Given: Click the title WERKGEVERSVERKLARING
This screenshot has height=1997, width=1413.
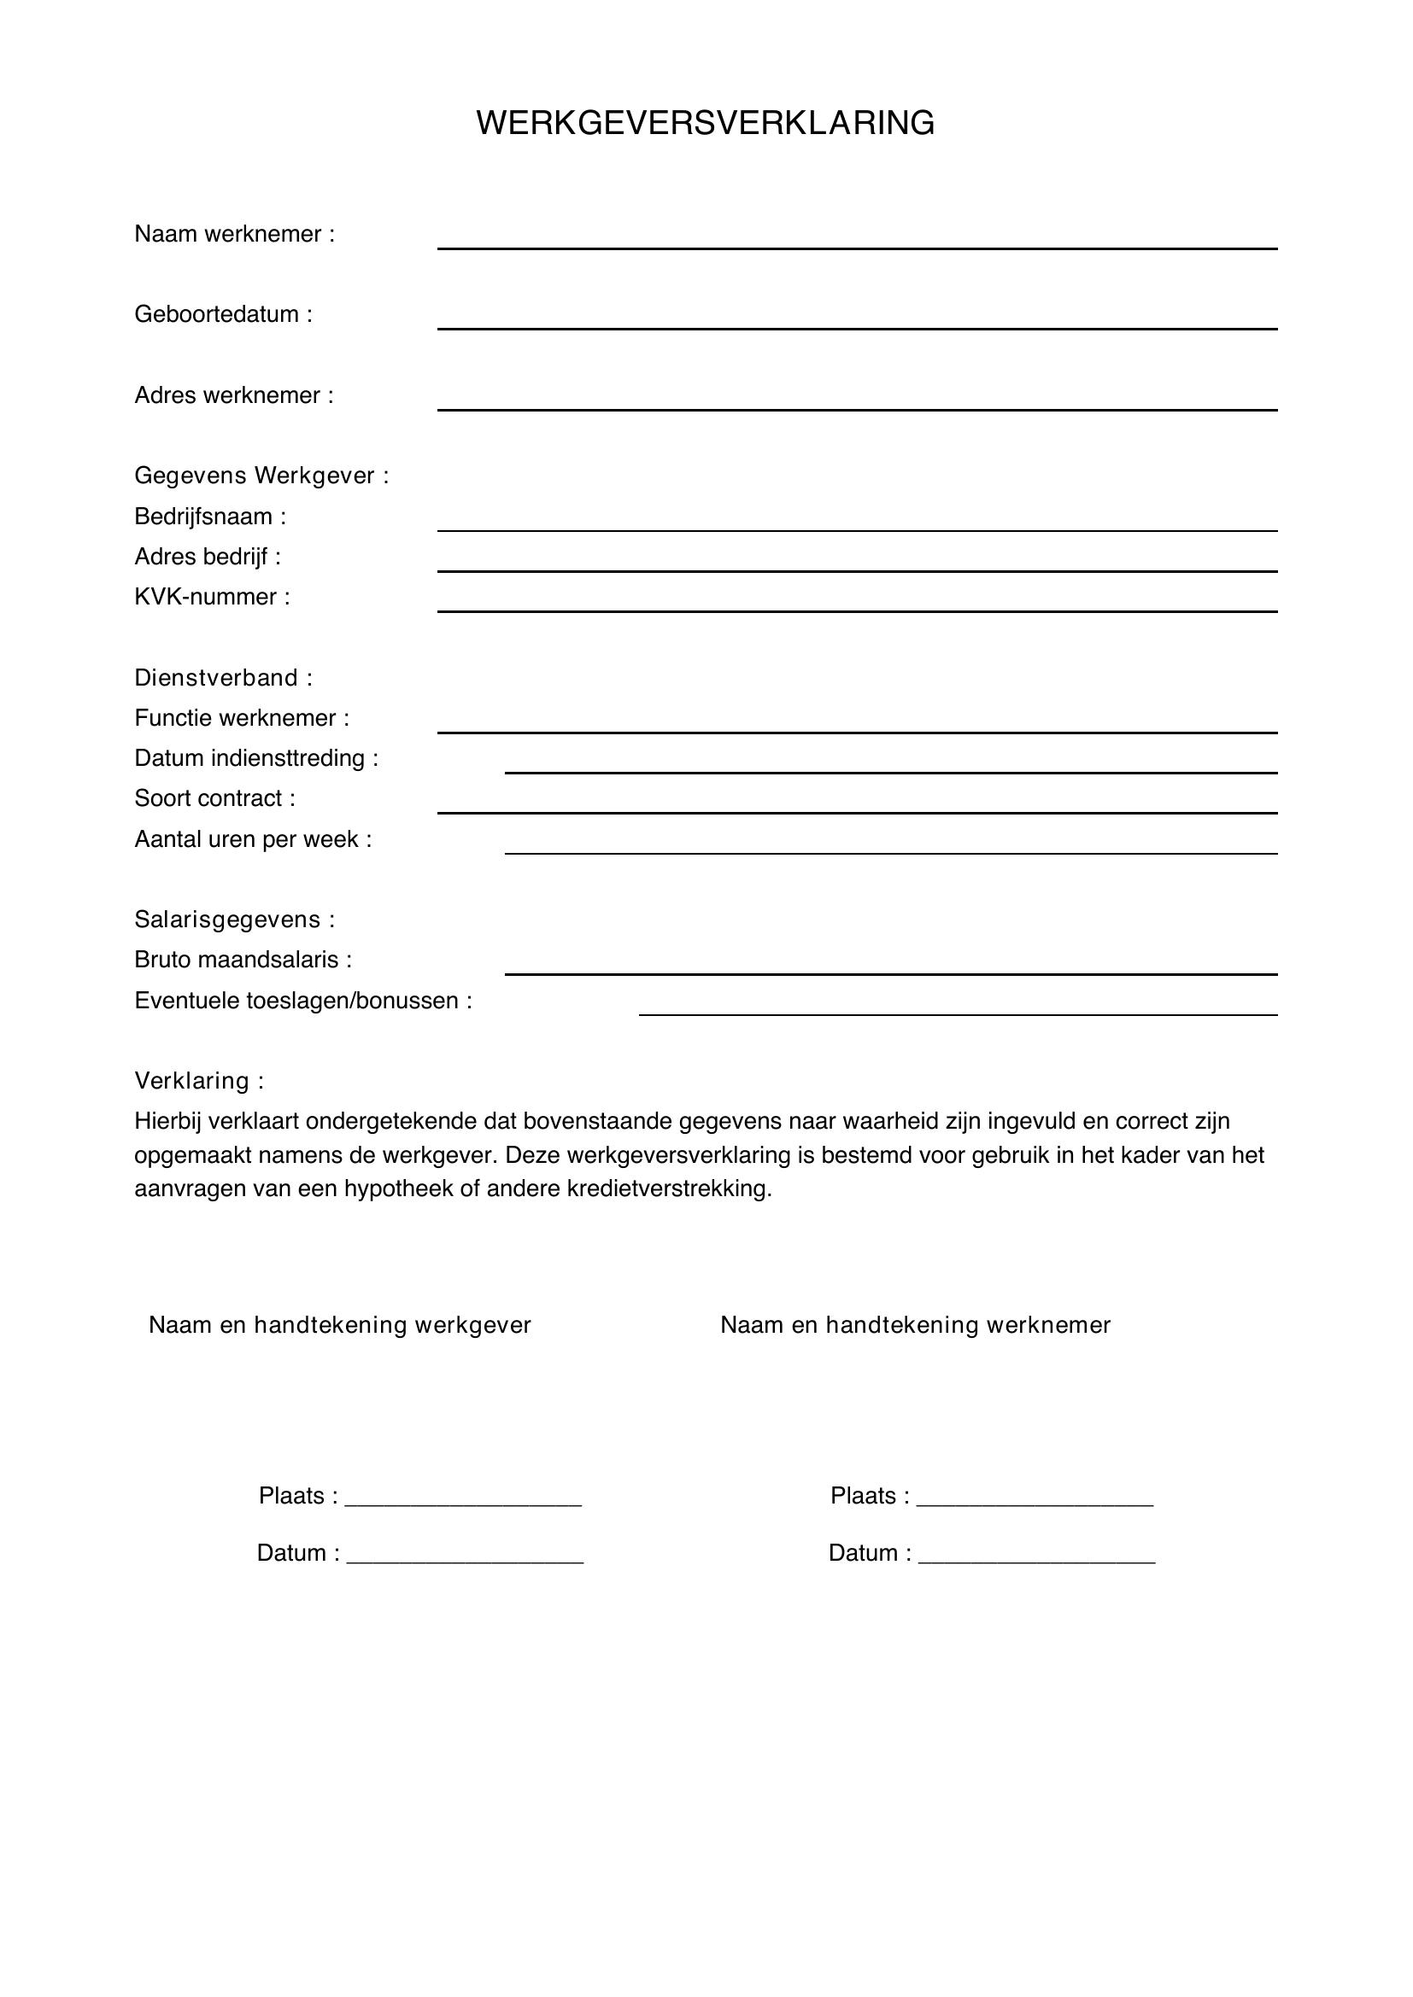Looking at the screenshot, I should [705, 123].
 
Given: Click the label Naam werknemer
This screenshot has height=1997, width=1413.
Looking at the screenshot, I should [234, 234].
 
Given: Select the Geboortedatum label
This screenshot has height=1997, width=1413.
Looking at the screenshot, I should [223, 314].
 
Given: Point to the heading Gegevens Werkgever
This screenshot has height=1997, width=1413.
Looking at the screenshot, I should [261, 476].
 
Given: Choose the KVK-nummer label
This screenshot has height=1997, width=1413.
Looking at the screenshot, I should [211, 597].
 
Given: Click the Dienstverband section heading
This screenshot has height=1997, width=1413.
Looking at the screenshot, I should [223, 678].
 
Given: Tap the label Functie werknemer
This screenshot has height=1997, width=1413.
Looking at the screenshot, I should [241, 717].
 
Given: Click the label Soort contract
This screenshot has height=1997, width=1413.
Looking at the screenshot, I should [214, 798].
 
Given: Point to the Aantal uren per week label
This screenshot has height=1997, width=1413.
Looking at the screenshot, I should [252, 839].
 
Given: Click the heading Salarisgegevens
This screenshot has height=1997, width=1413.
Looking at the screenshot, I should [234, 920].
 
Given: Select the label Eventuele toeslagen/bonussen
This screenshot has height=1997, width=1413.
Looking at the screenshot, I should [302, 1001].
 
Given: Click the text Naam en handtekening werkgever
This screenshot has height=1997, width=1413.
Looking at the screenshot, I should [339, 1325].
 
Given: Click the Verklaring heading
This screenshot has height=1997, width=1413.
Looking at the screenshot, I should [198, 1081].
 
